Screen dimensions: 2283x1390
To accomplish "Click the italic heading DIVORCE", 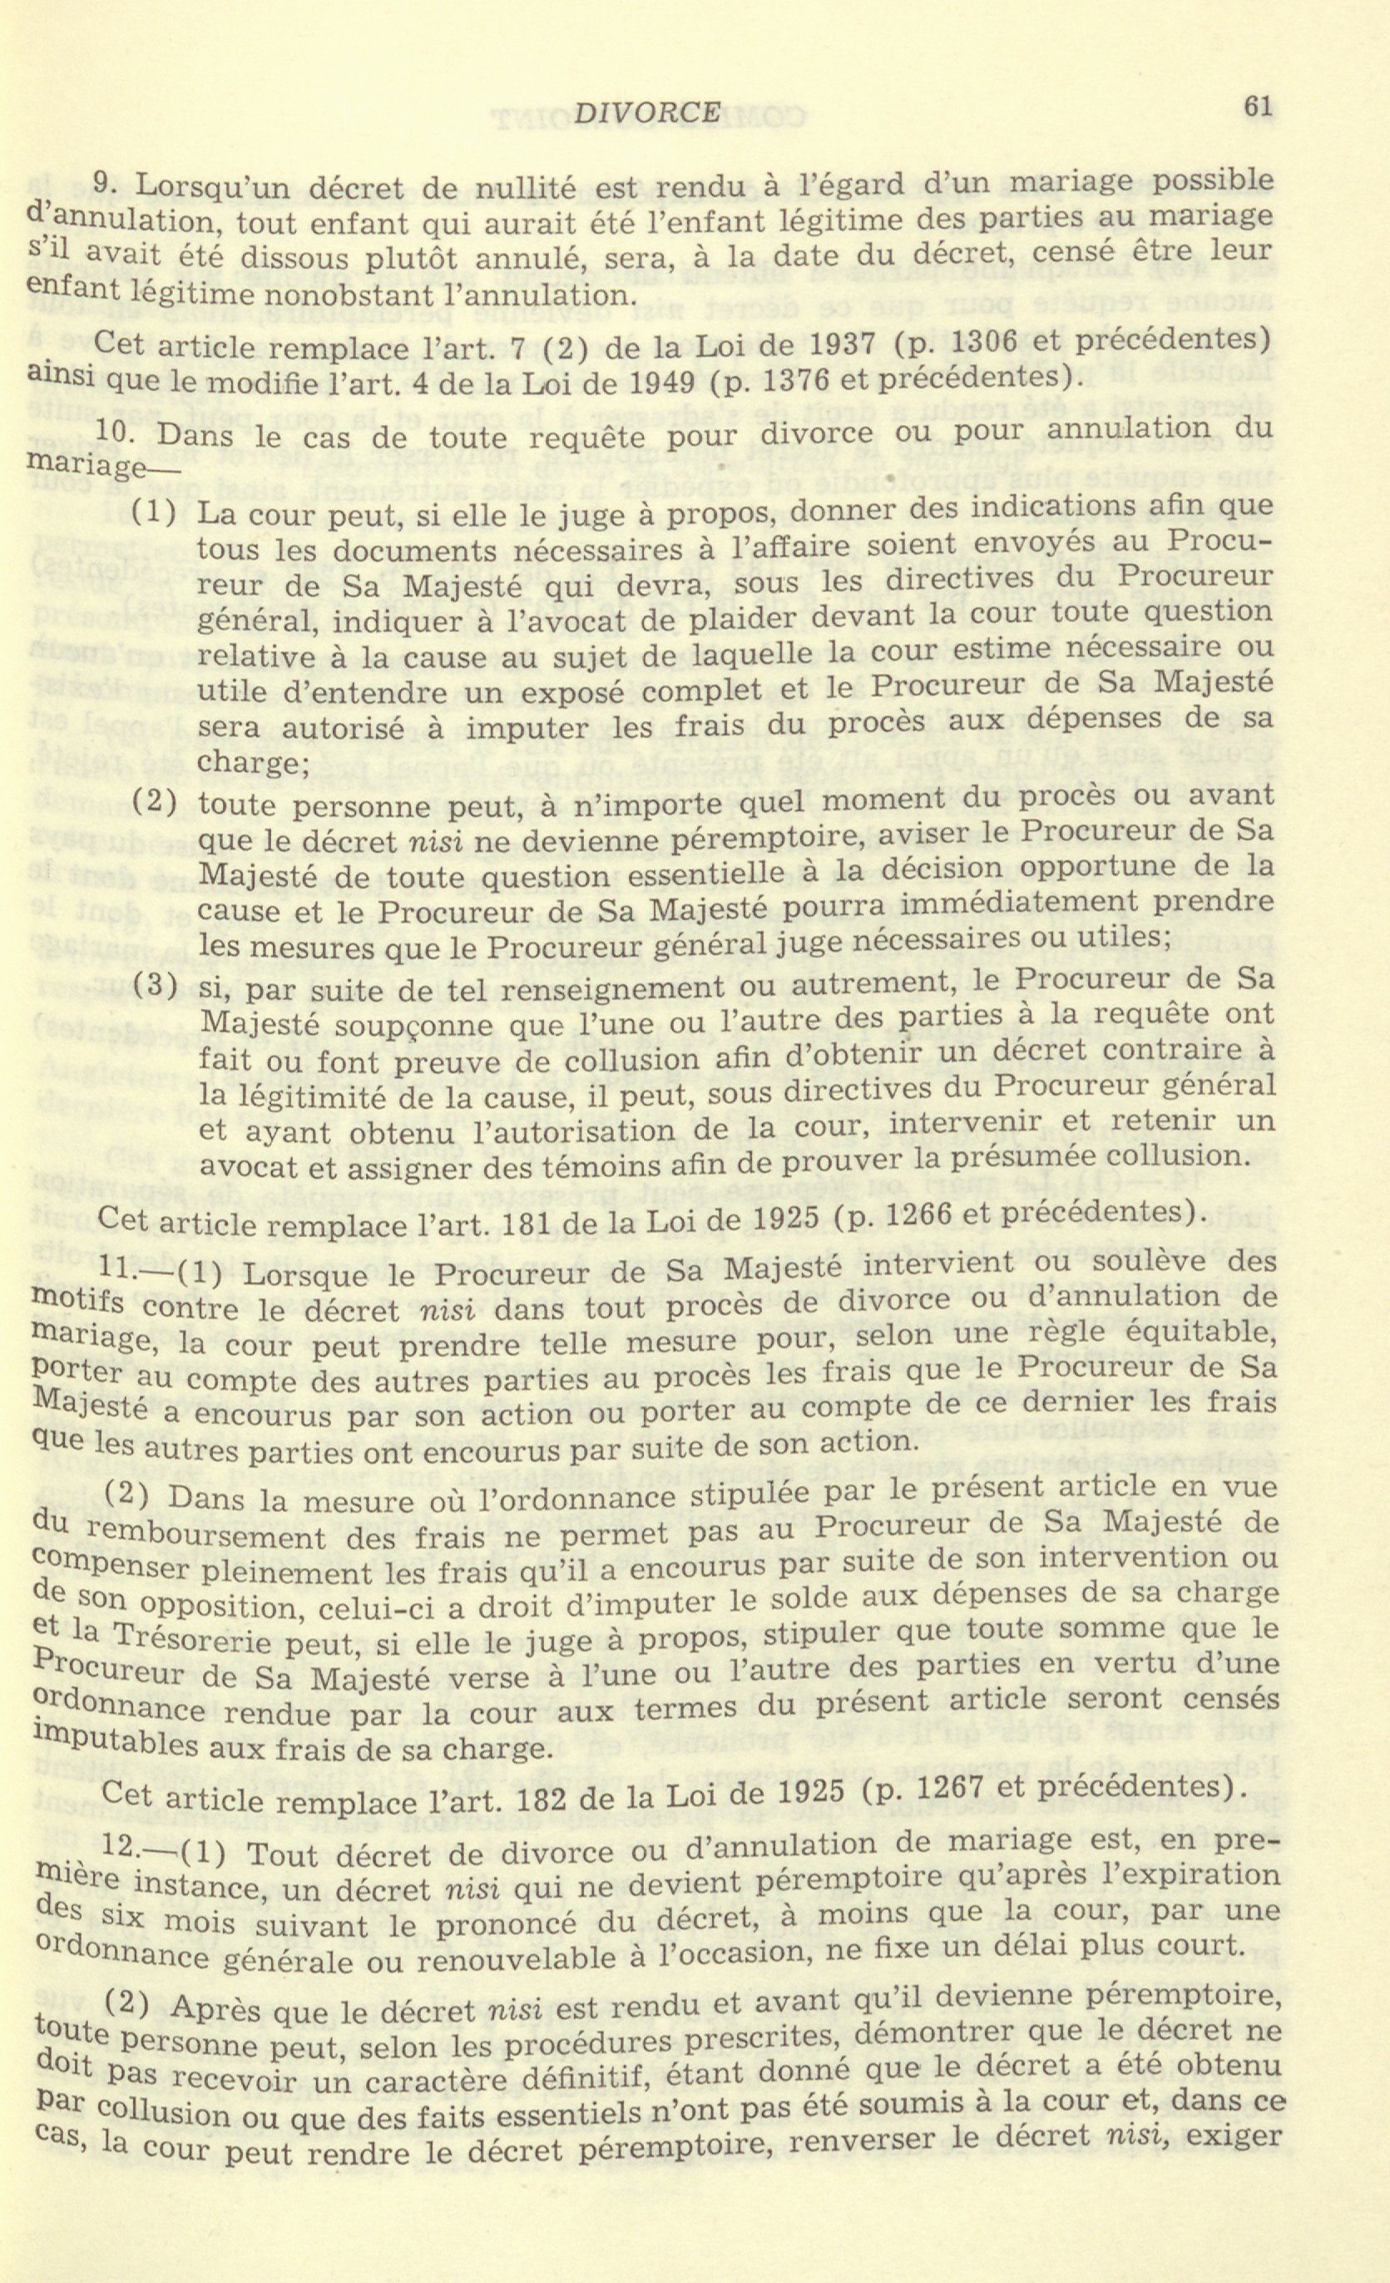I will [648, 113].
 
